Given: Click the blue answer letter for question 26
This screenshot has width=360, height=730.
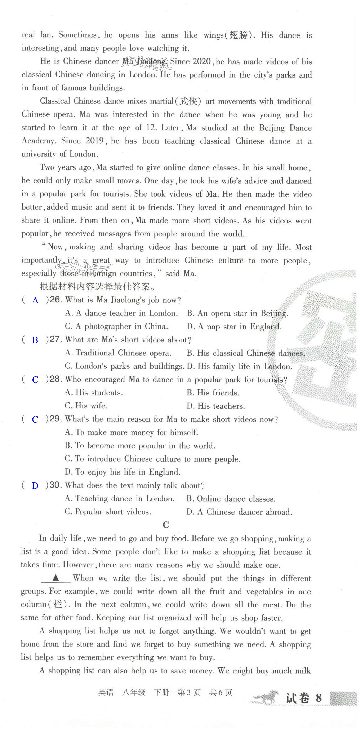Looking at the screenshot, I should point(35,300).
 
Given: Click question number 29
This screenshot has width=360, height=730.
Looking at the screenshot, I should point(55,419).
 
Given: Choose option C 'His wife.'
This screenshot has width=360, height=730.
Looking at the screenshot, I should point(86,406).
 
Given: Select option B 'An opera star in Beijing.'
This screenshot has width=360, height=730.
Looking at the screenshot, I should point(237,313).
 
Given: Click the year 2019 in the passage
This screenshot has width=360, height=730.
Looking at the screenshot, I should point(95,141).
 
